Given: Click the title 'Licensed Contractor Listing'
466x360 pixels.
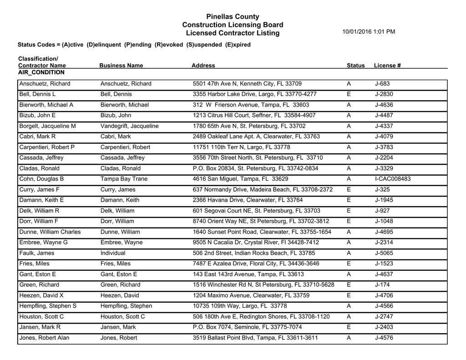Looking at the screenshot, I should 233,34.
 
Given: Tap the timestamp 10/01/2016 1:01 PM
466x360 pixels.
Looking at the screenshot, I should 368,32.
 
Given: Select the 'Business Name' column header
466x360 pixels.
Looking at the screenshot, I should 121,66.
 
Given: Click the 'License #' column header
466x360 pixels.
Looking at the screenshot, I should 387,66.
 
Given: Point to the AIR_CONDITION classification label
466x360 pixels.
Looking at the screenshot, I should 41,72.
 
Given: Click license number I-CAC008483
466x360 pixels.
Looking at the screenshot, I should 393,179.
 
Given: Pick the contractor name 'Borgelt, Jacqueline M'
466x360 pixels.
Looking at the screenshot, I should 47,126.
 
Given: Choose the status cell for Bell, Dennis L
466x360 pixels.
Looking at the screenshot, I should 349,94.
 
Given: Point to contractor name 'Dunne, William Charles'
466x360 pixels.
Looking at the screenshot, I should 50,232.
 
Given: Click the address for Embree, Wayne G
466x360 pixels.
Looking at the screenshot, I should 256,243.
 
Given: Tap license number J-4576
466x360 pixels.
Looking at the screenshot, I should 384,338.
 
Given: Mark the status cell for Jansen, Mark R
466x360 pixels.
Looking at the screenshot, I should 349,327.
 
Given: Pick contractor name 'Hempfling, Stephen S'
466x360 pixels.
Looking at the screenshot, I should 48,306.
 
